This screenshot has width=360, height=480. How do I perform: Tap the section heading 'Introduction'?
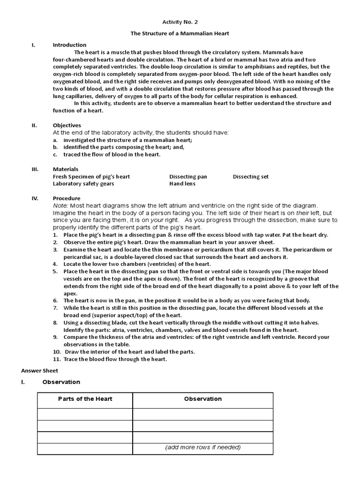[x=69, y=45]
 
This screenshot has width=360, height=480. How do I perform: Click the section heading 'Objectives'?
[x=67, y=126]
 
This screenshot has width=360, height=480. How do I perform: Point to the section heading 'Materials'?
[x=66, y=169]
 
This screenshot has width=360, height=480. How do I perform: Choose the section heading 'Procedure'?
[x=67, y=198]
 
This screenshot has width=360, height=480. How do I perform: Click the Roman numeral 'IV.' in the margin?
[x=35, y=198]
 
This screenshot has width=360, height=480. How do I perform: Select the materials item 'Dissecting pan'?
[x=188, y=177]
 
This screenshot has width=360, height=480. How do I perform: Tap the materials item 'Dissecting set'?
[x=251, y=177]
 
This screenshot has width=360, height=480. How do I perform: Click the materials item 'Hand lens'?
[x=182, y=184]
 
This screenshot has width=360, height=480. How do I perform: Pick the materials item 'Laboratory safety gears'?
[x=83, y=184]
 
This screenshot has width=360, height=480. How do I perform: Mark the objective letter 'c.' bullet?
[x=55, y=154]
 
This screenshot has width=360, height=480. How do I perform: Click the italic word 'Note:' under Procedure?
[x=60, y=206]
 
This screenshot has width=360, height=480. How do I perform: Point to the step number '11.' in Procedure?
[x=57, y=359]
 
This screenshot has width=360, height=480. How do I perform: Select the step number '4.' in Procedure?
[x=55, y=264]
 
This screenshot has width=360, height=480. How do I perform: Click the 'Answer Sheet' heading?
[x=39, y=370]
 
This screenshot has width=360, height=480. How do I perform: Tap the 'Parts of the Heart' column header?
[x=85, y=399]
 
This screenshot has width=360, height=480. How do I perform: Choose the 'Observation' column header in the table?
[x=202, y=399]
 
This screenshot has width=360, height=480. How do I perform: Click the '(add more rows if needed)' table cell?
[x=202, y=447]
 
